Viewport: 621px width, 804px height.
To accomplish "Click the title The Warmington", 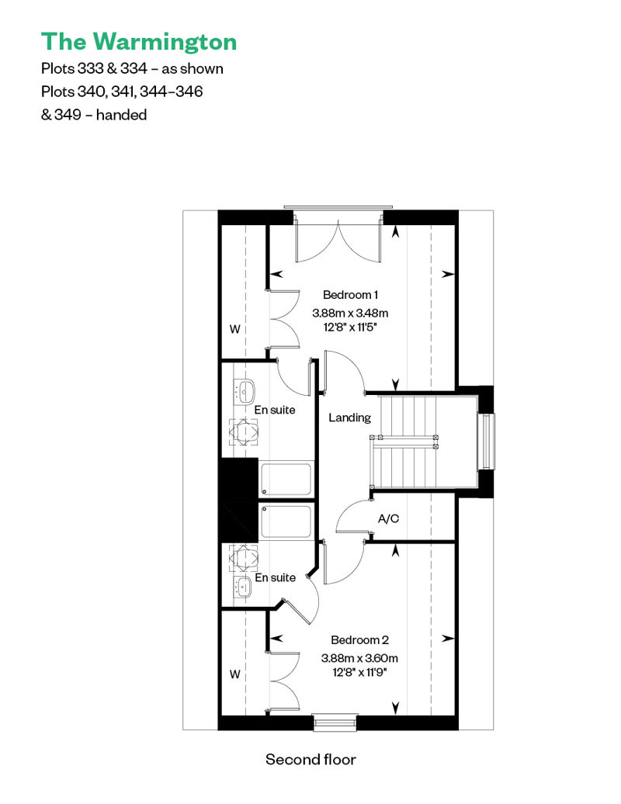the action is (x=139, y=43).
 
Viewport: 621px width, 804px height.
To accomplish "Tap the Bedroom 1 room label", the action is (x=350, y=295).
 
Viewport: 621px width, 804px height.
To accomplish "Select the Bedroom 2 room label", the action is (x=359, y=640).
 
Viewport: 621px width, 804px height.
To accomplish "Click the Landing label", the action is (x=350, y=418).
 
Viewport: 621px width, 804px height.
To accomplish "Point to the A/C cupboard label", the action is (x=388, y=519).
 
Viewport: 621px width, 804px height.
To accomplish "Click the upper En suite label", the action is (x=275, y=410).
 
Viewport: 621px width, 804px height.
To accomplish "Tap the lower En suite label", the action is (x=276, y=577).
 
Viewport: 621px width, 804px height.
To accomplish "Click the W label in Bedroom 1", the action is (x=235, y=329).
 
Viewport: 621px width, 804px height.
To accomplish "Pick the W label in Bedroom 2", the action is (x=235, y=674).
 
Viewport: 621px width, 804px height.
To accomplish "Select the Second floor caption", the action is (x=310, y=760).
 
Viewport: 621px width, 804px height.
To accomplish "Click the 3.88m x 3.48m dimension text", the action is (x=350, y=313).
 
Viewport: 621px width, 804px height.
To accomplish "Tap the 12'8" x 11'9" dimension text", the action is (x=359, y=672).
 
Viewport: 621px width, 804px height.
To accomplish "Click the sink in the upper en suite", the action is (x=245, y=392).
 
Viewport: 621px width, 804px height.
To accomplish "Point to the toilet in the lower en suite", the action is (x=244, y=557).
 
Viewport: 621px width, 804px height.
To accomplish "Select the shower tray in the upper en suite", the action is (x=286, y=480).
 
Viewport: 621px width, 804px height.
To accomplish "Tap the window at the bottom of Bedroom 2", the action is (x=335, y=722).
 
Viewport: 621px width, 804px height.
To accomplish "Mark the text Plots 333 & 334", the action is (x=95, y=69).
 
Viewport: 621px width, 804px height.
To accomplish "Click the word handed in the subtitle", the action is (x=122, y=114).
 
